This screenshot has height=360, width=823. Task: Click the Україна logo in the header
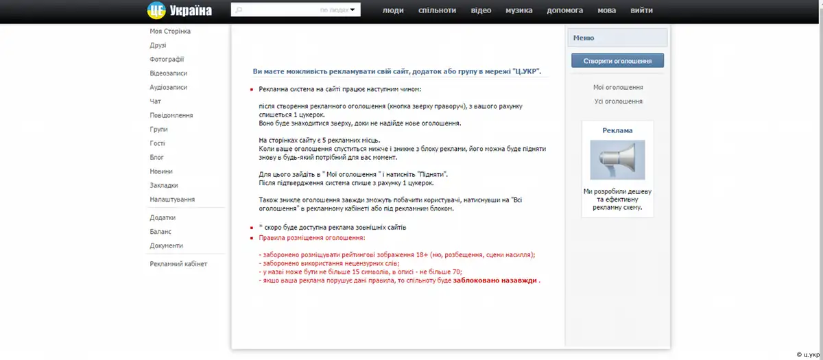click(x=180, y=10)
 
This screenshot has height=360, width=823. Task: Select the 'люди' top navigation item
click(x=393, y=10)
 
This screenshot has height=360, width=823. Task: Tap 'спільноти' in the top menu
click(x=437, y=10)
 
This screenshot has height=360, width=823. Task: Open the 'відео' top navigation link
click(x=481, y=10)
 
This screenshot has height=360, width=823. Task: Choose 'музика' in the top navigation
click(x=519, y=10)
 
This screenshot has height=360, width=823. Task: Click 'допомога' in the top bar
click(x=565, y=10)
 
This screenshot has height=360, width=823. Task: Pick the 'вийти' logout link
click(x=641, y=10)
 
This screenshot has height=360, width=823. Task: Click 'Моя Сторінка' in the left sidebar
click(x=170, y=32)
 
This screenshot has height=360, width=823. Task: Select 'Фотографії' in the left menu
click(x=167, y=60)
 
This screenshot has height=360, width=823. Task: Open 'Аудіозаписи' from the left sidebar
click(x=168, y=88)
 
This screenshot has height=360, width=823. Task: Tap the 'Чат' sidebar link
click(x=156, y=101)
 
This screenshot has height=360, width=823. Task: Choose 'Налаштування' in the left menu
click(x=172, y=200)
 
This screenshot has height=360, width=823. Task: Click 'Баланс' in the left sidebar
click(x=160, y=232)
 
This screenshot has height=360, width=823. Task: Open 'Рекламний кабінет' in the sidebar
click(x=178, y=264)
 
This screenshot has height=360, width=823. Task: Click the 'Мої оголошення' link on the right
click(x=618, y=88)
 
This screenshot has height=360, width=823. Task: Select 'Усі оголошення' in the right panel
click(x=618, y=101)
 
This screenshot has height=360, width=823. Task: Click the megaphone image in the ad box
click(x=617, y=160)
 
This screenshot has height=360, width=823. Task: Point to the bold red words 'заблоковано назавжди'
click(x=495, y=280)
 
